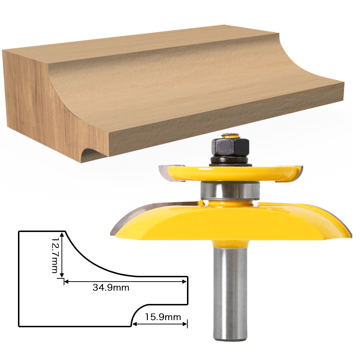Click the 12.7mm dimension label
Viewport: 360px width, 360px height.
pos(55,255)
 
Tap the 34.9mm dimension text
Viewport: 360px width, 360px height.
pos(111,287)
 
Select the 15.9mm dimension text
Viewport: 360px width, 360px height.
pos(163,317)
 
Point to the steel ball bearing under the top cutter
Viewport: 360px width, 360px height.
pos(230,191)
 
